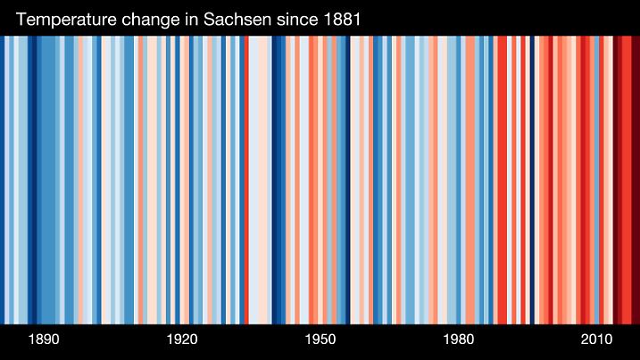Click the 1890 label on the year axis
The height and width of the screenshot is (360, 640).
[x=44, y=340]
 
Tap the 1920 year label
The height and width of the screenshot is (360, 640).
[x=182, y=340]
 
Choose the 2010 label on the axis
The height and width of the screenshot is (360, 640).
[x=596, y=340]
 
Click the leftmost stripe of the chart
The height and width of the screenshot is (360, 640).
[x=2, y=179]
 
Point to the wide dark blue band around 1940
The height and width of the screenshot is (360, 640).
[x=278, y=179]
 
